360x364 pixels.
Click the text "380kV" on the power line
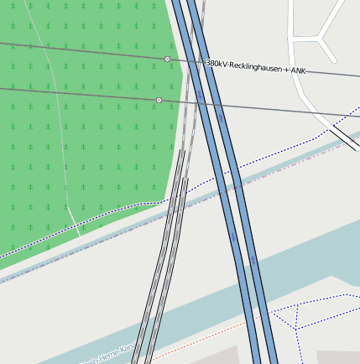tap(217, 64)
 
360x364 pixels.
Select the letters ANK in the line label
tap(298, 70)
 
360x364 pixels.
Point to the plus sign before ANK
tap(286, 70)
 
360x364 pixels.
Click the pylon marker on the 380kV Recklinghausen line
tap(167, 60)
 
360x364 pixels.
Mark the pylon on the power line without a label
tap(159, 100)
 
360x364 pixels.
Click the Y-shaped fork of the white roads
tap(320, 39)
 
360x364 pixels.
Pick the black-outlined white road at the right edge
tap(344, 134)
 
